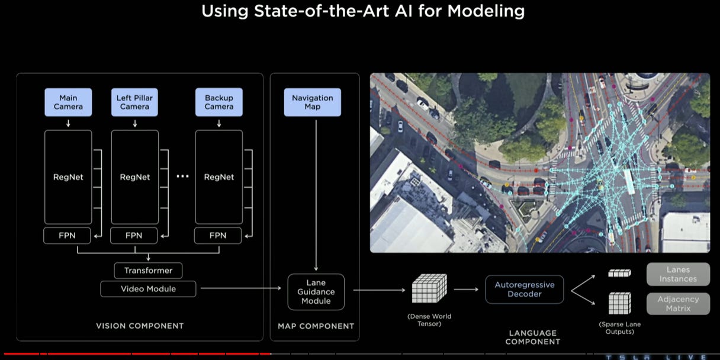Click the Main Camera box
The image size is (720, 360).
(68, 102)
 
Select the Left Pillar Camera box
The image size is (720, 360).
(135, 102)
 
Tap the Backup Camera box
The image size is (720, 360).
(219, 102)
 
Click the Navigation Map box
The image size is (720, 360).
(312, 102)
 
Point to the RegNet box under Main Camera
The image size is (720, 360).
(68, 177)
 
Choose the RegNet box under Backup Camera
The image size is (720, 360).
(219, 177)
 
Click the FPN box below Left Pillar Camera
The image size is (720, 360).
(134, 236)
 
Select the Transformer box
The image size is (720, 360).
(148, 271)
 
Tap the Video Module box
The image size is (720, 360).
(148, 289)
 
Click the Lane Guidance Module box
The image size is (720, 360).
(316, 292)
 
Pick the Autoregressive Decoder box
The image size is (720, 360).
(524, 290)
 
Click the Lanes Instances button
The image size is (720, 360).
(678, 275)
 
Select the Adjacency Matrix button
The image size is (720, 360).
(678, 304)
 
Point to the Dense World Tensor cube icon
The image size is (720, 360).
(428, 290)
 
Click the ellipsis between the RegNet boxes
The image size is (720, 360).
(182, 177)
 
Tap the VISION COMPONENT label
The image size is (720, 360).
(140, 326)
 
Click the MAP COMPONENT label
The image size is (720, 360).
(316, 326)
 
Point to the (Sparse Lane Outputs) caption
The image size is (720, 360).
(619, 328)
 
